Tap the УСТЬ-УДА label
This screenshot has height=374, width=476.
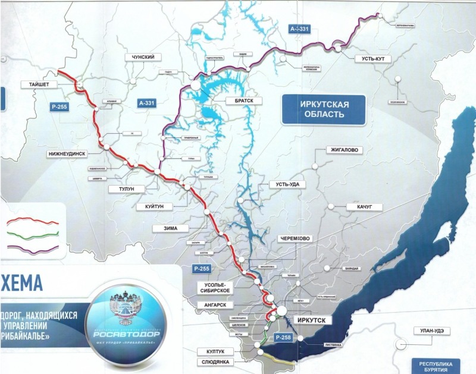(287, 185)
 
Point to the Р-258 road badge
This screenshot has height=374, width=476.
(283, 338)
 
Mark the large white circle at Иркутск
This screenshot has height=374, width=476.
(280, 310)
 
